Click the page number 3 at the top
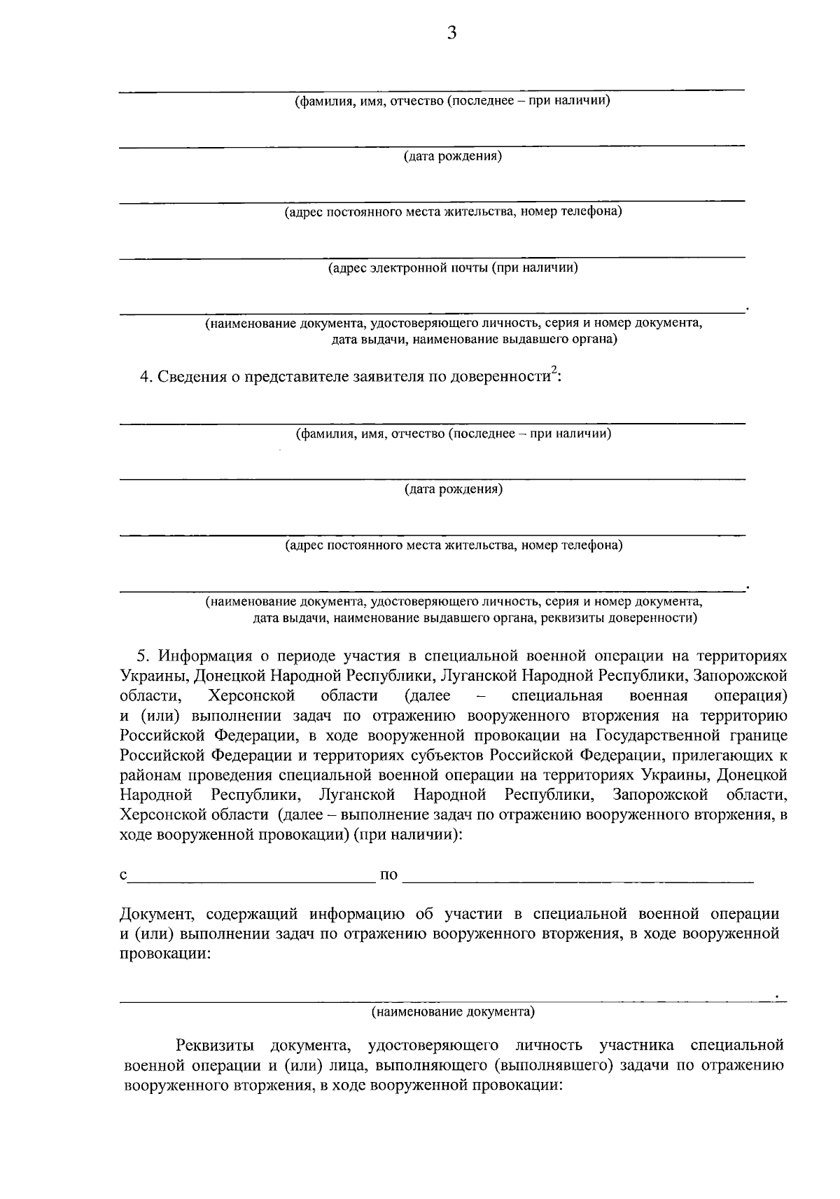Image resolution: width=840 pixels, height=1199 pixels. pyautogui.click(x=451, y=33)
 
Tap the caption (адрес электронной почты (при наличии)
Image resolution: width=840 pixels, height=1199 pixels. pyautogui.click(x=453, y=268)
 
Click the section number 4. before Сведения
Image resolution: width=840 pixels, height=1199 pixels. pyautogui.click(x=146, y=377)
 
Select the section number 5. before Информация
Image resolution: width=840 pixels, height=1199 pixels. pyautogui.click(x=143, y=656)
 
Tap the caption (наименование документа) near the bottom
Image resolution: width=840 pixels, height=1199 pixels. pyautogui.click(x=453, y=1012)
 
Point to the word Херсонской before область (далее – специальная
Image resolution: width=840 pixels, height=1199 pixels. pyautogui.click(x=251, y=696)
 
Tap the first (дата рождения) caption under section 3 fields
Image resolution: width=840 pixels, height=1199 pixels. pyautogui.click(x=453, y=156)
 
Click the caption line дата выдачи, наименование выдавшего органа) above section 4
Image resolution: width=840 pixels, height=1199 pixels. pyautogui.click(x=474, y=340)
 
